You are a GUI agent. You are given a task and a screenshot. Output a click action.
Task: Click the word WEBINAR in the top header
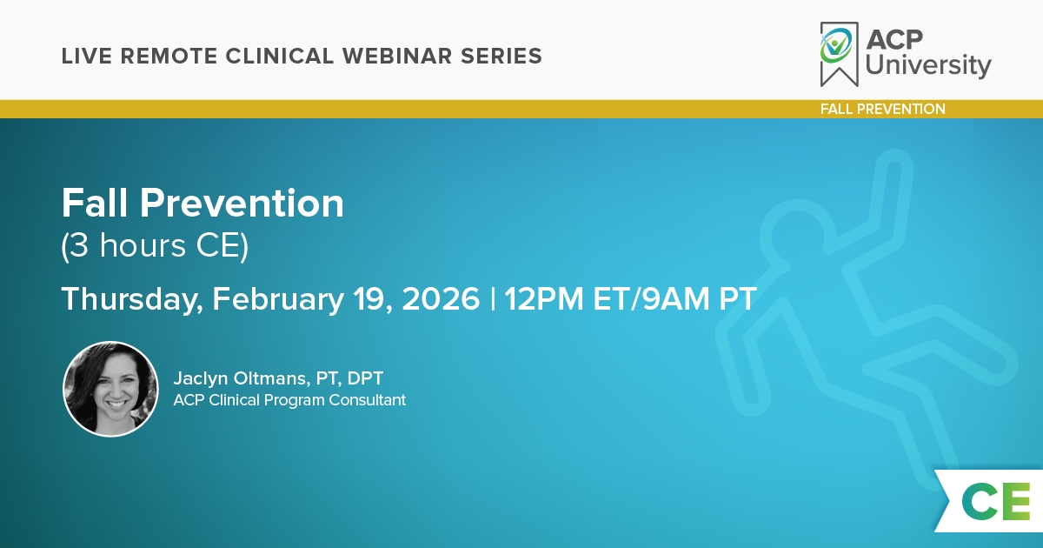pos(396,56)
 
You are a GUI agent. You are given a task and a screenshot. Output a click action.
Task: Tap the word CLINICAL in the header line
pos(279,56)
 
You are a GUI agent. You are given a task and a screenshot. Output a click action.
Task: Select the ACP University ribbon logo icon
pos(839,54)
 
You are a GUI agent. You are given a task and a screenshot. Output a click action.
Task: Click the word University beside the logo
pos(928,65)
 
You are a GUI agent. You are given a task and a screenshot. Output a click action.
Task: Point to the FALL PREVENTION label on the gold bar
pos(883,109)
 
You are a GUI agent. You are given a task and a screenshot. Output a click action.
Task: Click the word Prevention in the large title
pos(242,204)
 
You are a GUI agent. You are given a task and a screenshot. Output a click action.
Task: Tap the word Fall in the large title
pos(95,204)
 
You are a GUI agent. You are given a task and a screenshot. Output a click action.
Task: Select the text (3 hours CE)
pos(155,246)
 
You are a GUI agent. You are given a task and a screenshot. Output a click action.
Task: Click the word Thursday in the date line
pos(132,299)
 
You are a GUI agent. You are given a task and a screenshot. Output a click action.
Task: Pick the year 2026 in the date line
pos(441,298)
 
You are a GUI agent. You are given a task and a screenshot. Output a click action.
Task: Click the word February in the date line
pos(278,299)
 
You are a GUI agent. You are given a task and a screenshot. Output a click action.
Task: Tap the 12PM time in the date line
pos(543,298)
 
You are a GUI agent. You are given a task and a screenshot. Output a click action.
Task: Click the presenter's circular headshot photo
pos(111,389)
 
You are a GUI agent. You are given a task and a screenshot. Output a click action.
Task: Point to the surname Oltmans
pos(271,378)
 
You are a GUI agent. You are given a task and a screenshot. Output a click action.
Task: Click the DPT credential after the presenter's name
pos(365,378)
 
